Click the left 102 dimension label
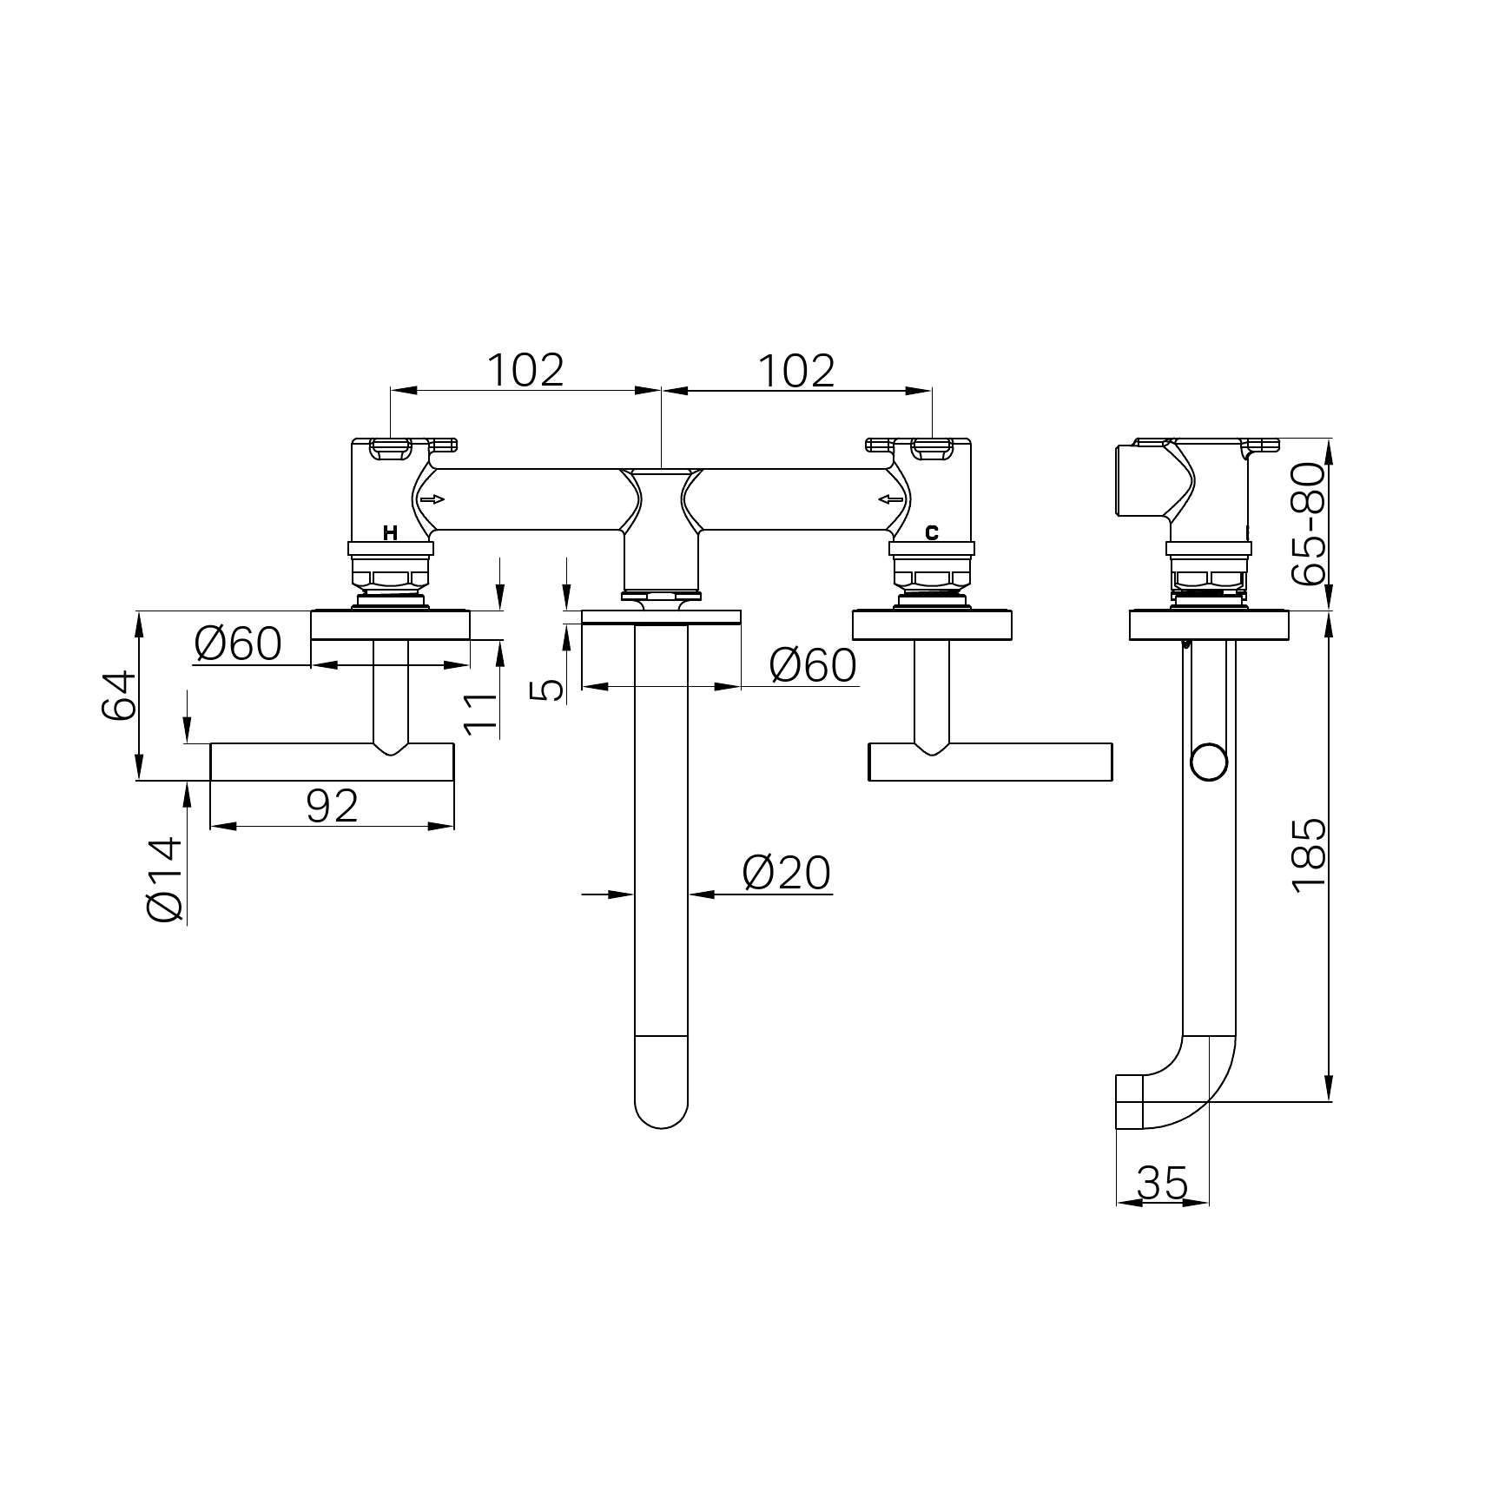point(525,370)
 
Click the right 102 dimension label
point(796,370)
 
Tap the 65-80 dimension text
point(1309,524)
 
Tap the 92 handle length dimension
point(333,806)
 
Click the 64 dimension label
point(119,695)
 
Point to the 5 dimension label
point(547,690)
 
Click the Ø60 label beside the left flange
point(238,644)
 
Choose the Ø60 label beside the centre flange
point(813,665)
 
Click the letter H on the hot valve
point(390,533)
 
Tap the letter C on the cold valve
point(932,533)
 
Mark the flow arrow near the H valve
point(432,499)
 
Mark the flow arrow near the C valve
point(890,499)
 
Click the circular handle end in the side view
point(1209,762)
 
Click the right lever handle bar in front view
point(990,762)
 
